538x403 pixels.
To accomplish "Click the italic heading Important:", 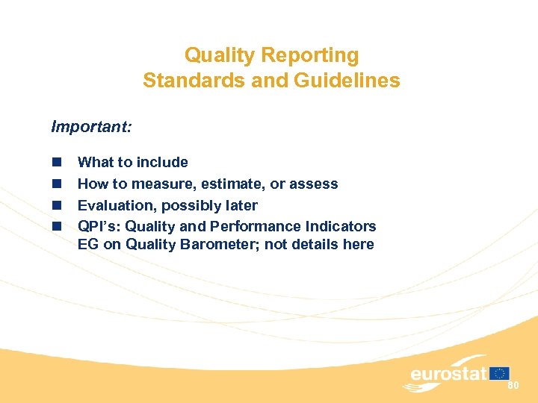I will click(91, 127).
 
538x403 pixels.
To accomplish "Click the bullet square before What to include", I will click(56, 163).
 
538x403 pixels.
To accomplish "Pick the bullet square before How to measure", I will click(56, 184).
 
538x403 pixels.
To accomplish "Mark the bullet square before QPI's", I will click(56, 226).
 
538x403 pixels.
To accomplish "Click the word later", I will click(240, 205).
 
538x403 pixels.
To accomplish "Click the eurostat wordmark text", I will click(448, 373).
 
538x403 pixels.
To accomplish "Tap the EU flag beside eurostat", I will click(501, 372).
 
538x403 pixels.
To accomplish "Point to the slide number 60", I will click(513, 386).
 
